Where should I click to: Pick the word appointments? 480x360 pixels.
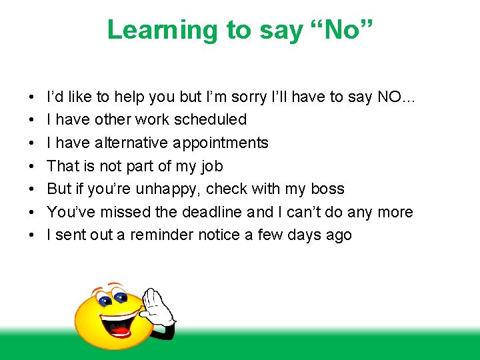click(221, 143)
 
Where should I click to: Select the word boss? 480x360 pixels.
click(327, 189)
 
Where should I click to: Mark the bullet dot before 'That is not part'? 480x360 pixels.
click(33, 166)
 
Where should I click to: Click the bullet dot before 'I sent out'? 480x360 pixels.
click(33, 235)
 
